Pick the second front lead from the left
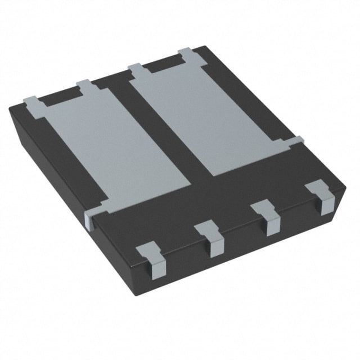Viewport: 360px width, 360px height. coord(212,239)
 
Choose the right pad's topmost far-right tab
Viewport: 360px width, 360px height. coord(187,55)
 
